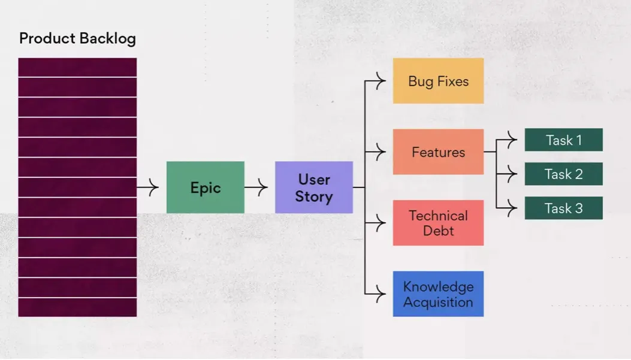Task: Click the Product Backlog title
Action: (77, 39)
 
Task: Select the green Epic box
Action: (205, 187)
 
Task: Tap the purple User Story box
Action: (313, 187)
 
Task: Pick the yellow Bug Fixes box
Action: (438, 81)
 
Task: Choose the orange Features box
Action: (438, 152)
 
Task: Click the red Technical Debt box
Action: (438, 223)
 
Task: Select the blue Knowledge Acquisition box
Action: (438, 294)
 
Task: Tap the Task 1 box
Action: (563, 140)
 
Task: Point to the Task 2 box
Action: (563, 174)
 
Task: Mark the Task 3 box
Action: (563, 208)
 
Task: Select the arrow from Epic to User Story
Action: (256, 187)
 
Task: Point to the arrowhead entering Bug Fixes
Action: (380, 81)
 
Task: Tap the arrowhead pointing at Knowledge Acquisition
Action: (380, 294)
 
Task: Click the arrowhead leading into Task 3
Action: (511, 208)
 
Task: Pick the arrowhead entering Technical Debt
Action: (380, 223)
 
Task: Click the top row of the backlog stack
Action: (77, 67)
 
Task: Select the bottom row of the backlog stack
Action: (77, 308)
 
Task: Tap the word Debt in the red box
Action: (438, 231)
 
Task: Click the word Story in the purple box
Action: (313, 196)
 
